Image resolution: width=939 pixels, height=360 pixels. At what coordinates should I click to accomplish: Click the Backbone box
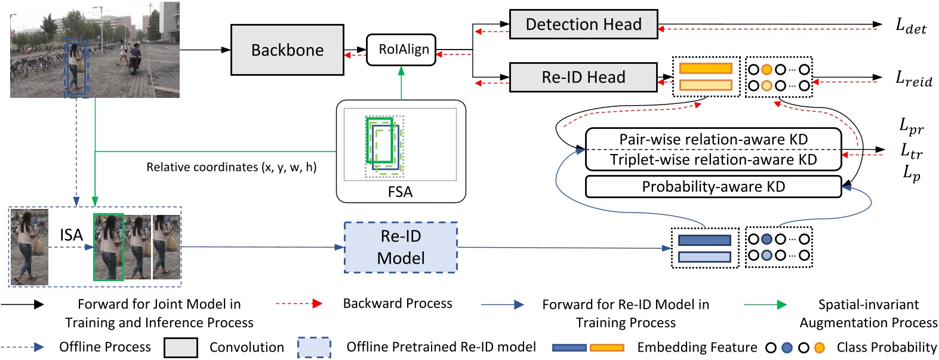pyautogui.click(x=287, y=50)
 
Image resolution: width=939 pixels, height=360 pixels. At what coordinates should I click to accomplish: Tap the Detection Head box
pyautogui.click(x=583, y=24)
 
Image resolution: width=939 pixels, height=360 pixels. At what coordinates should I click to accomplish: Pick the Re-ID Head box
pyautogui.click(x=583, y=78)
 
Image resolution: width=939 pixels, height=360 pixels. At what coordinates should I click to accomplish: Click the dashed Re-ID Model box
pyautogui.click(x=401, y=247)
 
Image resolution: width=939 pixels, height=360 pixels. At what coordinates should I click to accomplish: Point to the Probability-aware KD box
pyautogui.click(x=713, y=187)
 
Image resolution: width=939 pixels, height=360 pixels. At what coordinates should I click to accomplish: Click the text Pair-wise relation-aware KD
pyautogui.click(x=713, y=139)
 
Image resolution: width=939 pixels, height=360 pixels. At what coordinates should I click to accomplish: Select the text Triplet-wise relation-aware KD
pyautogui.click(x=713, y=160)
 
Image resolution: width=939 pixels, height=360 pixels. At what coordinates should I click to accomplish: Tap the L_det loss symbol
pyautogui.click(x=910, y=26)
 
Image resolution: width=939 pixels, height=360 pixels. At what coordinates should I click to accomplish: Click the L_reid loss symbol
pyautogui.click(x=913, y=79)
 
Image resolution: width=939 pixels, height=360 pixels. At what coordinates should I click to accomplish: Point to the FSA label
pyautogui.click(x=400, y=192)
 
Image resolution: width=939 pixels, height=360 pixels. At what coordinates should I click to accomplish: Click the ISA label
pyautogui.click(x=71, y=235)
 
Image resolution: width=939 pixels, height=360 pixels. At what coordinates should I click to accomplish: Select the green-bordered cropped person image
pyautogui.click(x=109, y=247)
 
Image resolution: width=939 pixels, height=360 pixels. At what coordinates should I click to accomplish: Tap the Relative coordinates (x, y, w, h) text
pyautogui.click(x=232, y=167)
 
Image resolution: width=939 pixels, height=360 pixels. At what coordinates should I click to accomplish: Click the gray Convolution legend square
pyautogui.click(x=181, y=347)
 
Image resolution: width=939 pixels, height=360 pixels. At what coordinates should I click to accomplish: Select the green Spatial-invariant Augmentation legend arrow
pyautogui.click(x=765, y=304)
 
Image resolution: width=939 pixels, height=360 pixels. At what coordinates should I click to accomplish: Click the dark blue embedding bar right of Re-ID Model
pyautogui.click(x=704, y=240)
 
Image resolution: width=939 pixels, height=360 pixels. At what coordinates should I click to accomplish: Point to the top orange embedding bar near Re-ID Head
pyautogui.click(x=706, y=69)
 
